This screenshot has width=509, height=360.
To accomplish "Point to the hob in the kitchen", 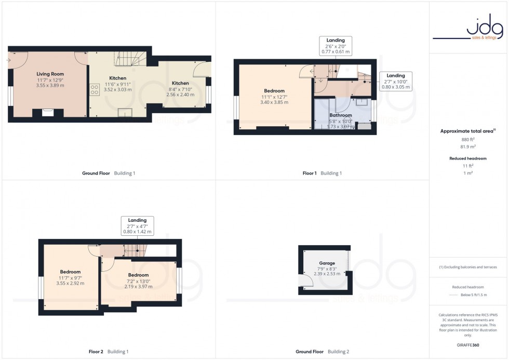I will (95, 90).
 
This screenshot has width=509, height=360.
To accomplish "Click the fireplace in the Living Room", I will (47, 112).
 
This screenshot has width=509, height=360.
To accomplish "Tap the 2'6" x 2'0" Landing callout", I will (336, 46).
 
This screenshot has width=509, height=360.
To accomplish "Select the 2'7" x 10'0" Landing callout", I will (395, 82).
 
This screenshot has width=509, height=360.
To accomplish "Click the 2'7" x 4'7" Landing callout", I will (138, 226).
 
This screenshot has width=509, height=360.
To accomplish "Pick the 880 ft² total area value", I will (468, 140).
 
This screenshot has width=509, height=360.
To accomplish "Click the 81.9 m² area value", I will (468, 146).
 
